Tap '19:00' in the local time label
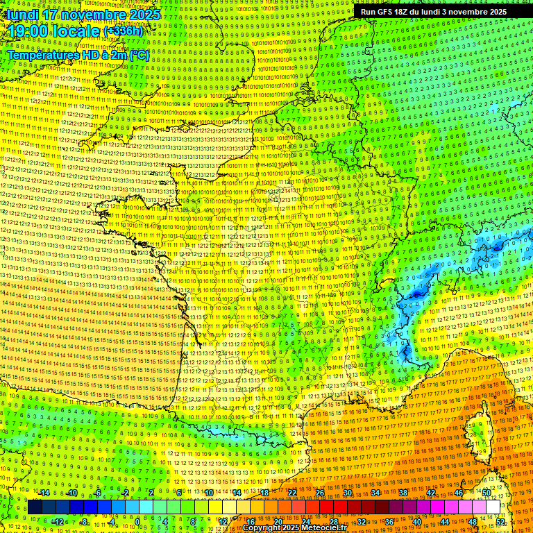[33, 31]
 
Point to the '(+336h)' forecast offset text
[123, 31]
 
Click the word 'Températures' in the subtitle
[42, 55]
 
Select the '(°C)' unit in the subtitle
[139, 55]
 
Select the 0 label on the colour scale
[137, 521]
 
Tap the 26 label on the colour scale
[320, 493]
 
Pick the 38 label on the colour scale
[403, 493]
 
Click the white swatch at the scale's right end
[493, 507]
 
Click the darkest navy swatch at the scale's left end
[35, 507]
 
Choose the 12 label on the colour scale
[223, 521]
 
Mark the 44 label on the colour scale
[445, 521]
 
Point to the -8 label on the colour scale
[83, 521]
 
